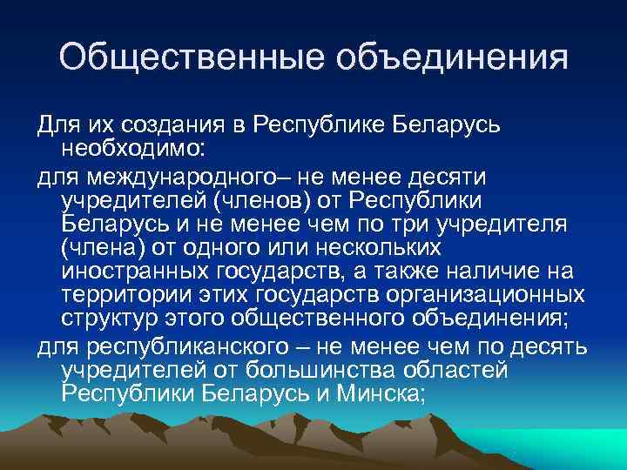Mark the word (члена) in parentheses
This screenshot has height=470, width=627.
97,248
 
